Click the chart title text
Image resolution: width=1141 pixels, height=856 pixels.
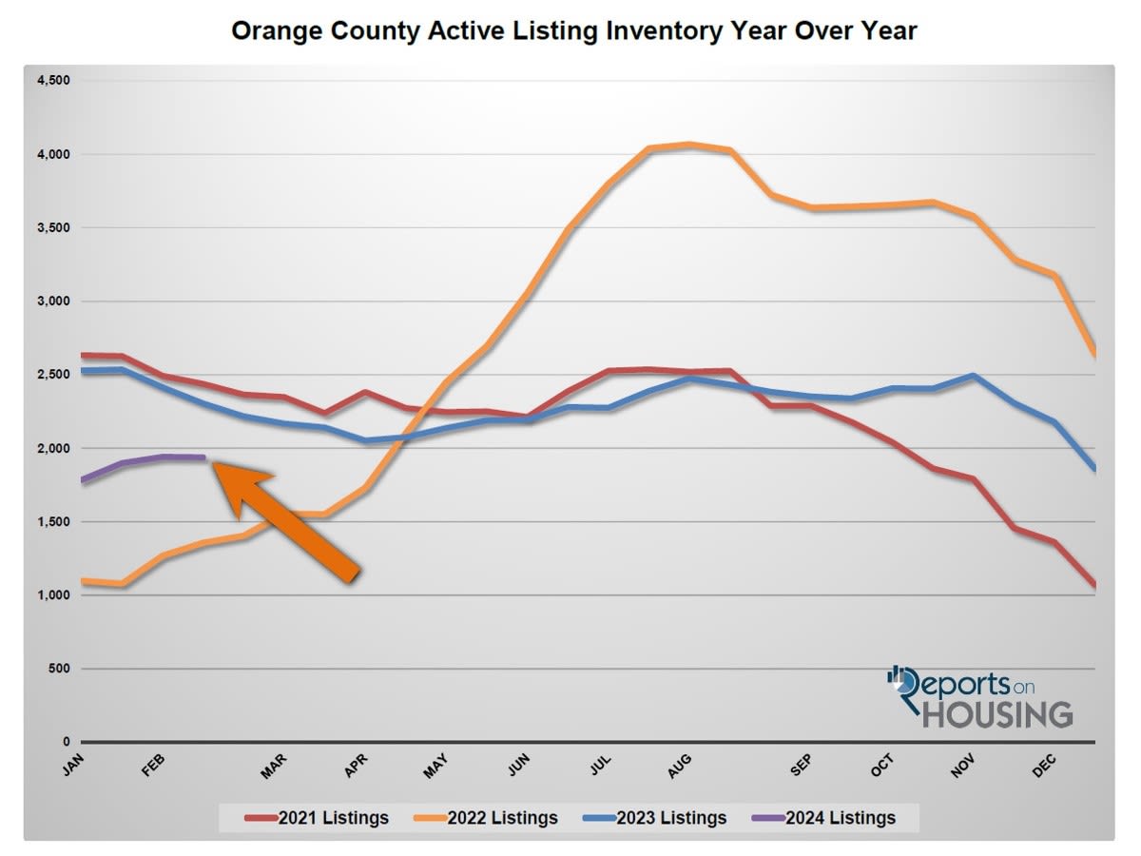click(x=574, y=30)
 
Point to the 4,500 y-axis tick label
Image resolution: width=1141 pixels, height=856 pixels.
click(x=53, y=81)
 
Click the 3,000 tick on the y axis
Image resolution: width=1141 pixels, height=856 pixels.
click(x=53, y=302)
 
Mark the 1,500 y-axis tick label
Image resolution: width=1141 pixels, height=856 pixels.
click(x=53, y=522)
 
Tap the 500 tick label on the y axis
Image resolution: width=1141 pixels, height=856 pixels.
click(x=59, y=670)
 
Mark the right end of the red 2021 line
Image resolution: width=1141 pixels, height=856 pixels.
click(x=1094, y=585)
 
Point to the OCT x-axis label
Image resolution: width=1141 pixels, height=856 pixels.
click(x=882, y=767)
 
